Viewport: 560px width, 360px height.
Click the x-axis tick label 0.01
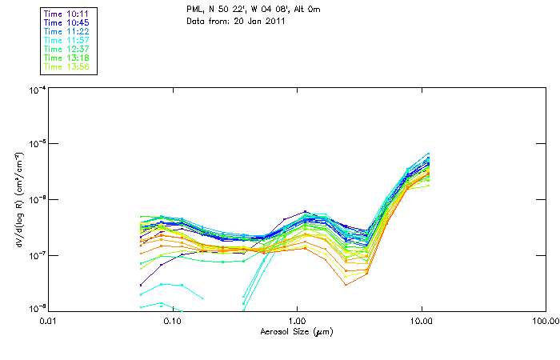(48, 320)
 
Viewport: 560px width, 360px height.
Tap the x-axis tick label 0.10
(172, 320)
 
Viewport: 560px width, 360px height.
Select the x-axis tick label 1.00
(297, 320)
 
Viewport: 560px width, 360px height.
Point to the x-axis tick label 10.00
(421, 320)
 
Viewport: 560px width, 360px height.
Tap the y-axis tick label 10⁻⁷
(37, 255)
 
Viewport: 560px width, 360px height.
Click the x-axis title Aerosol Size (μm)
(297, 330)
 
